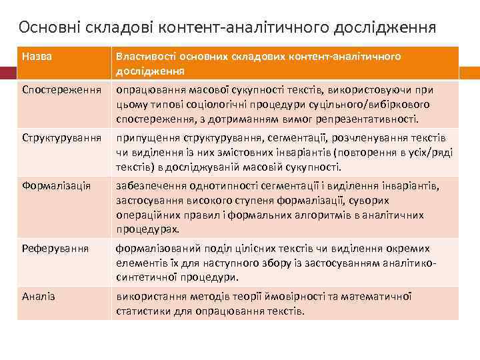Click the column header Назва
37,57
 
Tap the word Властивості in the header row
146,57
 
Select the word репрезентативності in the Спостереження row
373,119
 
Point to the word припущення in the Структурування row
145,137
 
